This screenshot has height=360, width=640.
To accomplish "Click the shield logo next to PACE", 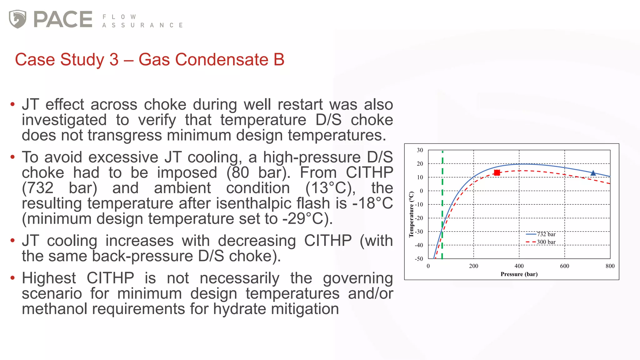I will pos(17,19).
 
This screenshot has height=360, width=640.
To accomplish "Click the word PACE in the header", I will pos(63,19).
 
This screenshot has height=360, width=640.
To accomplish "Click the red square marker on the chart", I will pos(497,173).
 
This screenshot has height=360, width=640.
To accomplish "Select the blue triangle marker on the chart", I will pos(593,173).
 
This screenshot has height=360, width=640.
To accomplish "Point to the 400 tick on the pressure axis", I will pos(519,266).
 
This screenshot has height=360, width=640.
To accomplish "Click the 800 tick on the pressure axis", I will pos(610,266).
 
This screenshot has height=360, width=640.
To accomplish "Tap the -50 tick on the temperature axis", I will pos(419,259).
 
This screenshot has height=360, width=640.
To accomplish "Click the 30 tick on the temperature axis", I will pos(420,150).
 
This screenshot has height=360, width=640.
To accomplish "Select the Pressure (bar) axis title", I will pos(519,274).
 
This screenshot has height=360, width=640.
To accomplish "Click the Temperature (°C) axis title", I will pos(411,214).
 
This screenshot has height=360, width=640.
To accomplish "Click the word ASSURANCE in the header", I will pos(142,25).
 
